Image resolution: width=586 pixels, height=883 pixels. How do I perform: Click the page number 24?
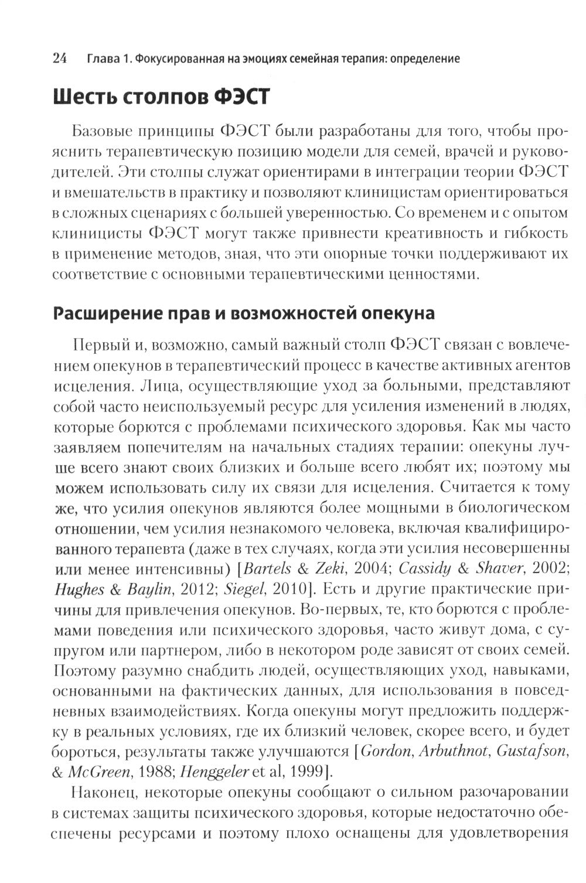tap(60, 58)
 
